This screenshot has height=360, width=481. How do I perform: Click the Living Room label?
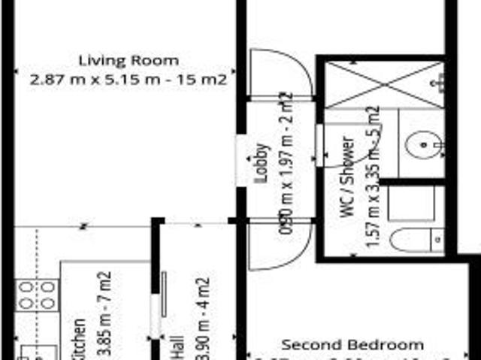[x=129, y=60]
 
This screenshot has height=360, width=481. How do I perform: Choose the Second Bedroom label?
[x=352, y=345]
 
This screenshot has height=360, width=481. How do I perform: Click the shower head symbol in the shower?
[x=440, y=81]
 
